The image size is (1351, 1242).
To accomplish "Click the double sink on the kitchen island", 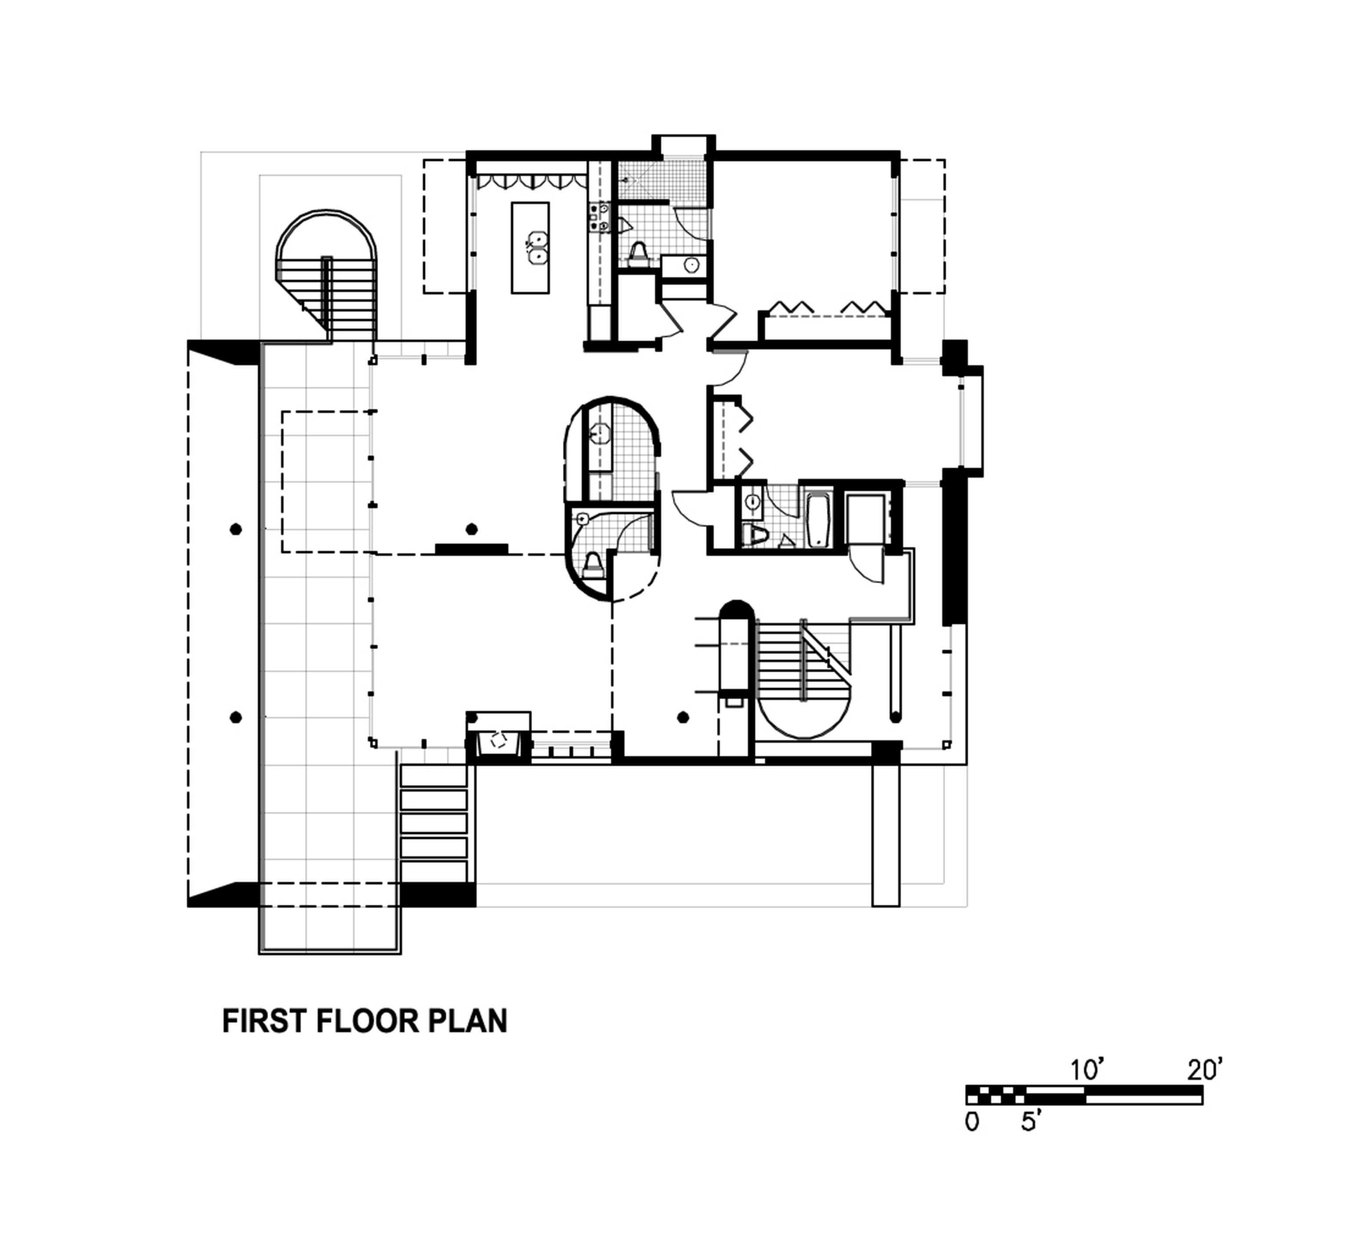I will coord(536,247).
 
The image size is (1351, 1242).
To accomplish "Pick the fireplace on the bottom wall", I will coord(498,741).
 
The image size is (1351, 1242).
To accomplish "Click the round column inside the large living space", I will coord(472,529).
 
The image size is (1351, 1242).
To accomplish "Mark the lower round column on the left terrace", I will coord(235,718).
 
